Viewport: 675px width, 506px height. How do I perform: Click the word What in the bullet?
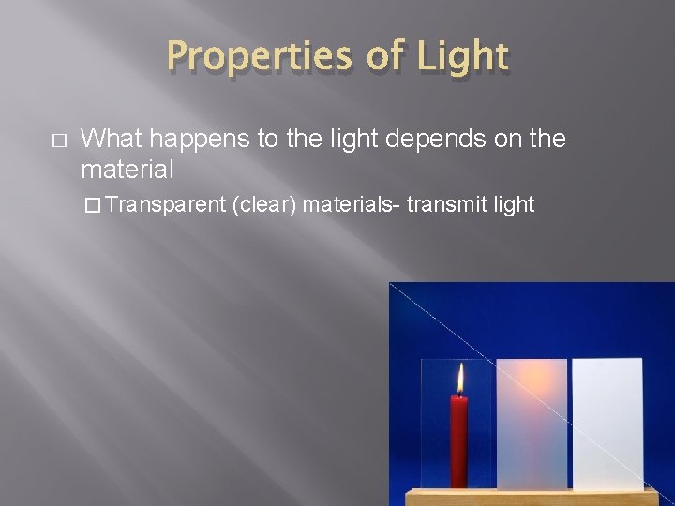pyautogui.click(x=110, y=139)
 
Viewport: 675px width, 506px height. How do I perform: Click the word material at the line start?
pyautogui.click(x=127, y=170)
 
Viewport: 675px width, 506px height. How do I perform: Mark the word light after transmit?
pyautogui.click(x=513, y=204)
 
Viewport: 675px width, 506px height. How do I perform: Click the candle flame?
pyautogui.click(x=460, y=379)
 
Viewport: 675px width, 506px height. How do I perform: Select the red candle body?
pyautogui.click(x=459, y=440)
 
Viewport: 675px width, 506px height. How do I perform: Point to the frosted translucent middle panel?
pyautogui.click(x=532, y=422)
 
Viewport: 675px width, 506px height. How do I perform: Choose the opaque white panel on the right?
pyautogui.click(x=607, y=422)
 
